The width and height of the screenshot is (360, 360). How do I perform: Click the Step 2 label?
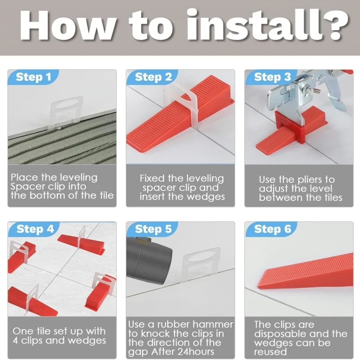click(x=153, y=77)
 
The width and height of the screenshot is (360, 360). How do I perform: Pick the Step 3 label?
click(x=272, y=77)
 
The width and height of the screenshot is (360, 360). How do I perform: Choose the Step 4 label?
click(x=35, y=229)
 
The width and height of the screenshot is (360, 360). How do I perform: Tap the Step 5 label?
click(x=153, y=229)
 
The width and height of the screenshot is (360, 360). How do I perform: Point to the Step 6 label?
click(x=272, y=229)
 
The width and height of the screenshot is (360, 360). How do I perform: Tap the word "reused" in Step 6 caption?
click(x=270, y=351)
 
